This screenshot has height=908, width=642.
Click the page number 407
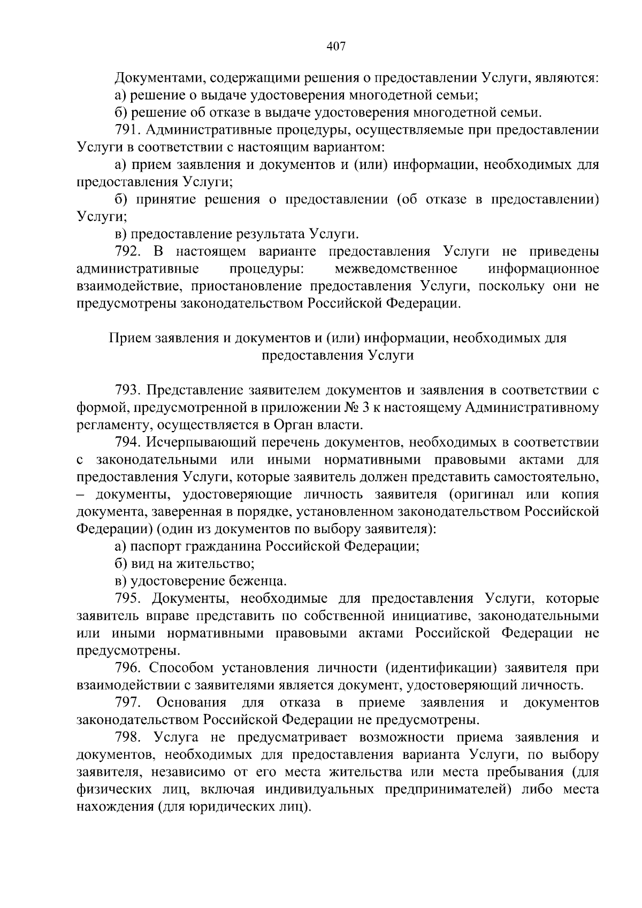[336, 47]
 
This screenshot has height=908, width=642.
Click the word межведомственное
[395, 268]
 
